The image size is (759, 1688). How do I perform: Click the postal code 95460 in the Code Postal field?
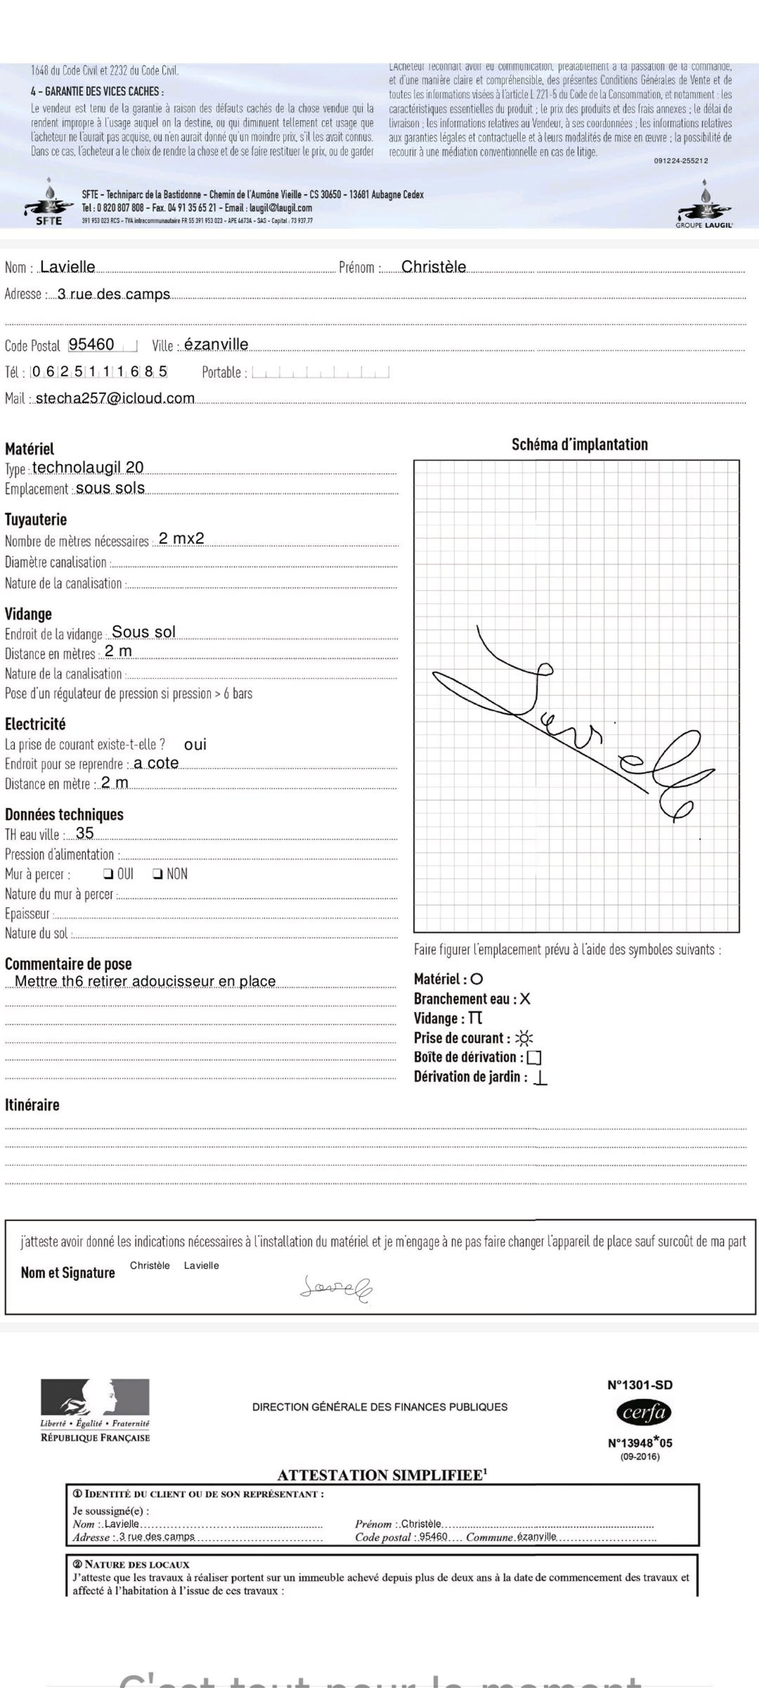pyautogui.click(x=92, y=345)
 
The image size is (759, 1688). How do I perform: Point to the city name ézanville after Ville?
pyautogui.click(x=216, y=345)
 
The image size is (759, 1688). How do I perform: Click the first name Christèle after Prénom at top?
pyautogui.click(x=433, y=267)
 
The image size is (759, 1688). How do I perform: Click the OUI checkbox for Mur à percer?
pyautogui.click(x=107, y=874)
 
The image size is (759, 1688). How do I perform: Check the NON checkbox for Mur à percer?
pyautogui.click(x=157, y=874)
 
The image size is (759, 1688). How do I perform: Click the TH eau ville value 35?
pyautogui.click(x=85, y=833)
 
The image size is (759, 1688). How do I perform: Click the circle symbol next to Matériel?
pyautogui.click(x=477, y=979)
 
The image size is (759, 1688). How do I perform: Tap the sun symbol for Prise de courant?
pyautogui.click(x=524, y=1038)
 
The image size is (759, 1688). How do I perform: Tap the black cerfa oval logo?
pyautogui.click(x=644, y=1413)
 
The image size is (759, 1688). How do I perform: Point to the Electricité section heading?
pyautogui.click(x=35, y=724)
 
